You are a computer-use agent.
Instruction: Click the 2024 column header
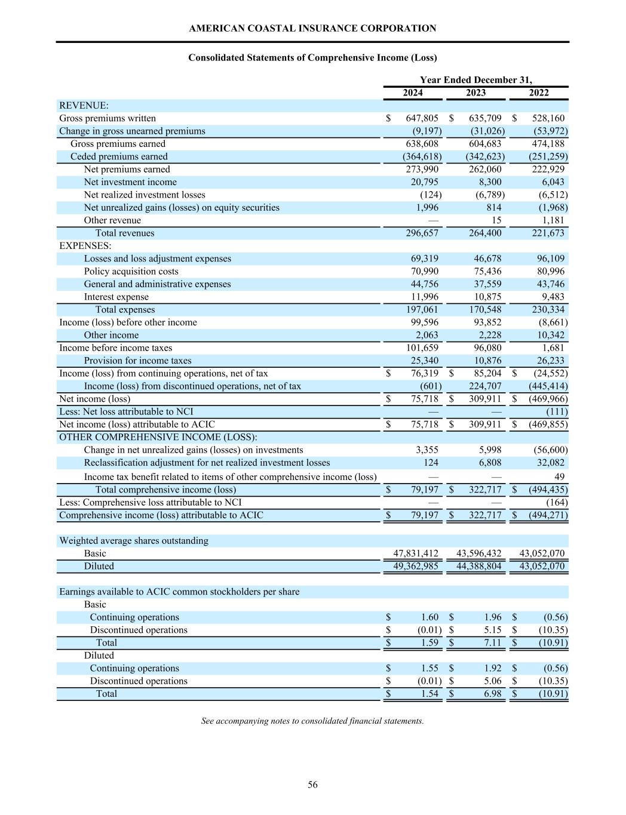point(412,93)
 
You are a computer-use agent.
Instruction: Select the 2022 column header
point(538,93)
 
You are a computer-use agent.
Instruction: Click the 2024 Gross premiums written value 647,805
point(422,118)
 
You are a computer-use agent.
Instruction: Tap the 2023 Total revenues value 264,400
point(485,233)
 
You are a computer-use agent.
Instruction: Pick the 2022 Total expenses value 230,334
point(548,309)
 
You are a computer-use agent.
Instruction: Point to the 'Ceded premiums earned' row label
point(119,156)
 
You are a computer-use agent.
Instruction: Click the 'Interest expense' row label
point(116,297)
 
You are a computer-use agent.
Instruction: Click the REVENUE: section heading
point(84,106)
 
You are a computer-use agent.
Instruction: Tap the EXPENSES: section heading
point(85,246)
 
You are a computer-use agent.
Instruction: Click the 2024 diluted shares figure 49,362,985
point(416,566)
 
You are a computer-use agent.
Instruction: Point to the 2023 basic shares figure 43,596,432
point(479,553)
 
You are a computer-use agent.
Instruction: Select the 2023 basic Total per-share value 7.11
point(492,642)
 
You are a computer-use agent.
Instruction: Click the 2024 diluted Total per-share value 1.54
point(429,694)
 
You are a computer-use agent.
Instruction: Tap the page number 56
point(312,785)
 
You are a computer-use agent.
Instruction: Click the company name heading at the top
point(312,28)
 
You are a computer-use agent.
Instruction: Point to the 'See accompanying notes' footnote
point(312,721)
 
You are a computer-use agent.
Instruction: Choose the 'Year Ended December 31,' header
point(475,79)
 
